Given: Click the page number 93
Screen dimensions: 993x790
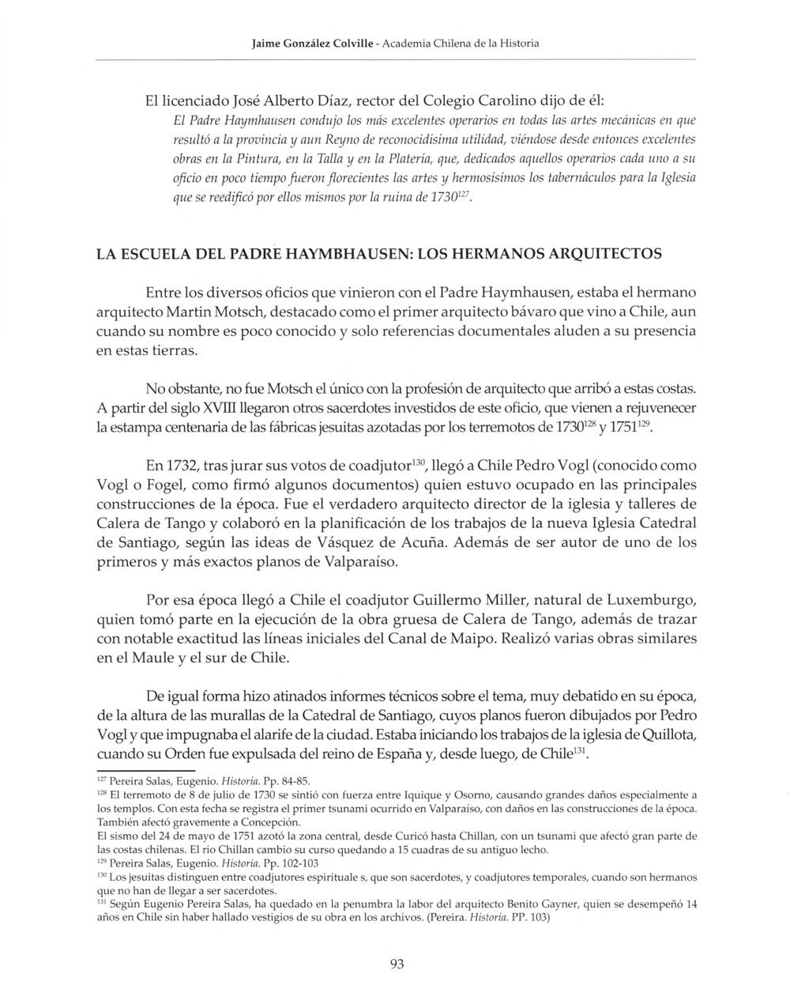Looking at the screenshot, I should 397,963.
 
